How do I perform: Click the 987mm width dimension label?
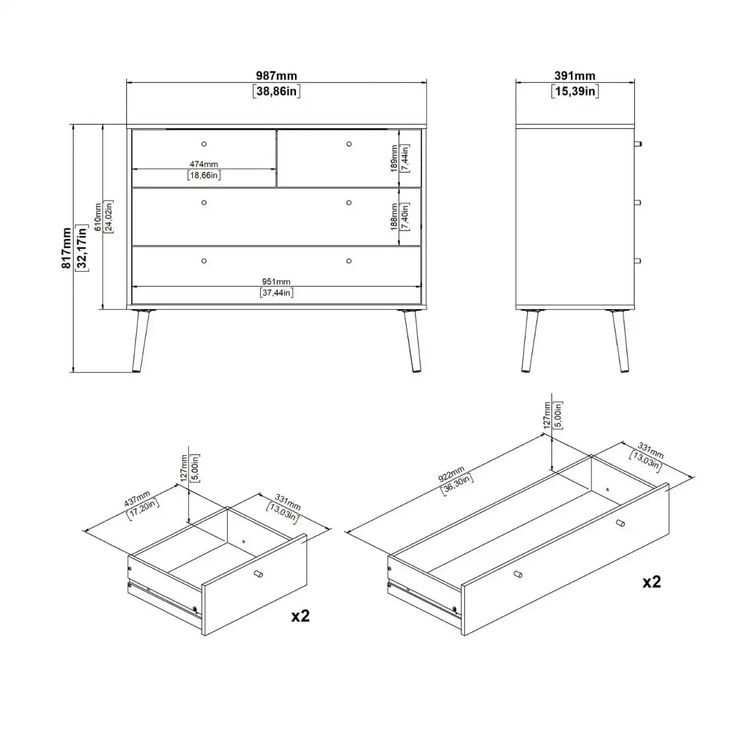click(276, 76)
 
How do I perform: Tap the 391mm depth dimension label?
click(575, 76)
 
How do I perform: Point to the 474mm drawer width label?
click(204, 164)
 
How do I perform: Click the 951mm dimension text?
click(276, 281)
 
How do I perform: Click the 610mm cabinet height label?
click(98, 217)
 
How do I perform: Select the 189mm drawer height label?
click(394, 158)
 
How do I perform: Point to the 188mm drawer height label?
click(394, 217)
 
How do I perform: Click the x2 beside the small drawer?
click(301, 615)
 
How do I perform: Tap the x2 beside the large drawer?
click(652, 581)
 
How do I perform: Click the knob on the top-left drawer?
click(204, 144)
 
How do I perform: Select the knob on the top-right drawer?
click(349, 144)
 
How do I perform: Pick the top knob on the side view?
click(637, 144)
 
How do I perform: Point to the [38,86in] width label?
click(276, 92)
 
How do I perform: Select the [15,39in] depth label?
click(575, 92)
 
